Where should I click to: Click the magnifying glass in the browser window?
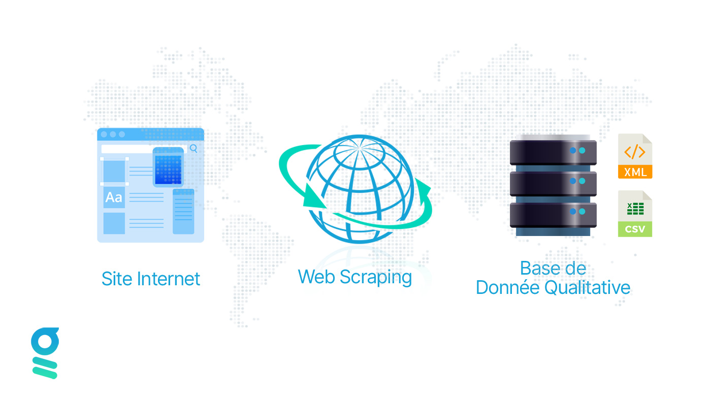pyautogui.click(x=193, y=148)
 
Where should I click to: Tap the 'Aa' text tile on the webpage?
pyautogui.click(x=114, y=197)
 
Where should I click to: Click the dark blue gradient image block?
pyautogui.click(x=168, y=167)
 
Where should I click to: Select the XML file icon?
pyautogui.click(x=635, y=156)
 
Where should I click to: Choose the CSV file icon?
pyautogui.click(x=635, y=214)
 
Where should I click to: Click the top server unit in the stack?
pyautogui.click(x=553, y=151)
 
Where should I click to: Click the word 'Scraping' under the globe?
pyautogui.click(x=376, y=278)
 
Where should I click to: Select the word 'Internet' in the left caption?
pyautogui.click(x=169, y=279)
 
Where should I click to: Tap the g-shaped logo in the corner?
pyautogui.click(x=45, y=353)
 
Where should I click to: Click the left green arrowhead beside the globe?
pyautogui.click(x=313, y=197)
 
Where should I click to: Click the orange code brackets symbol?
pyautogui.click(x=635, y=152)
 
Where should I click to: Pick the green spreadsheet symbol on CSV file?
pyautogui.click(x=635, y=209)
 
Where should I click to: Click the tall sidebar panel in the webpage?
pyautogui.click(x=183, y=212)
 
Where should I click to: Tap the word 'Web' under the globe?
pyautogui.click(x=317, y=277)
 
